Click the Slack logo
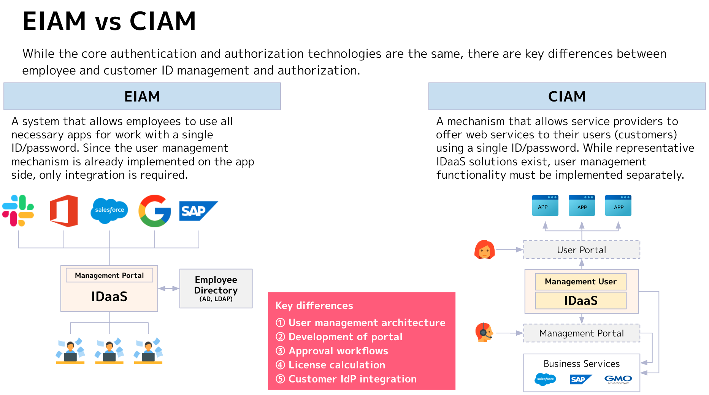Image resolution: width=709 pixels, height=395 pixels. click(x=18, y=211)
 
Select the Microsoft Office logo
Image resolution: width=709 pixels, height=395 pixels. click(x=64, y=211)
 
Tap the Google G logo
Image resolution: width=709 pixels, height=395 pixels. click(x=154, y=211)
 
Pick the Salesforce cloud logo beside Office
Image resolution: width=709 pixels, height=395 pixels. click(x=109, y=210)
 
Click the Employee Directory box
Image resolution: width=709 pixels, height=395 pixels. click(x=216, y=289)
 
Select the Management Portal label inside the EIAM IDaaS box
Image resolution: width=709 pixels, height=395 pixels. click(x=109, y=275)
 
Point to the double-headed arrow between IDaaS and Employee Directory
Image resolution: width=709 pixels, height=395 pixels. click(x=168, y=289)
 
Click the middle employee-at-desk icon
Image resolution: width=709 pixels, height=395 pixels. click(x=109, y=351)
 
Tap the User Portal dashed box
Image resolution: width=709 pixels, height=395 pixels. click(x=581, y=250)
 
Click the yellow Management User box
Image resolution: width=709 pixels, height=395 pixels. click(x=580, y=282)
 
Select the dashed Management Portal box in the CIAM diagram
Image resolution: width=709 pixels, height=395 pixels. click(x=581, y=333)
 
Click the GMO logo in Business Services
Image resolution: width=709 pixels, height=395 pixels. click(x=618, y=379)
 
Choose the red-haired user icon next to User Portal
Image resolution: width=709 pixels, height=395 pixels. click(x=484, y=250)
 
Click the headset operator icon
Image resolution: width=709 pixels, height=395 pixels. click(x=484, y=333)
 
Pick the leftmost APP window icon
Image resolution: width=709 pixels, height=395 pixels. click(x=545, y=206)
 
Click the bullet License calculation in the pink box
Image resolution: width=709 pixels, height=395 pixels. click(x=336, y=365)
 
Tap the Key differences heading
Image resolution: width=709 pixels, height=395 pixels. click(x=314, y=306)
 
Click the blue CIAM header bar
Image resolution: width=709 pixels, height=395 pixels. click(x=566, y=97)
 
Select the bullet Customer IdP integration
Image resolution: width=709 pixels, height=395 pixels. click(x=352, y=379)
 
